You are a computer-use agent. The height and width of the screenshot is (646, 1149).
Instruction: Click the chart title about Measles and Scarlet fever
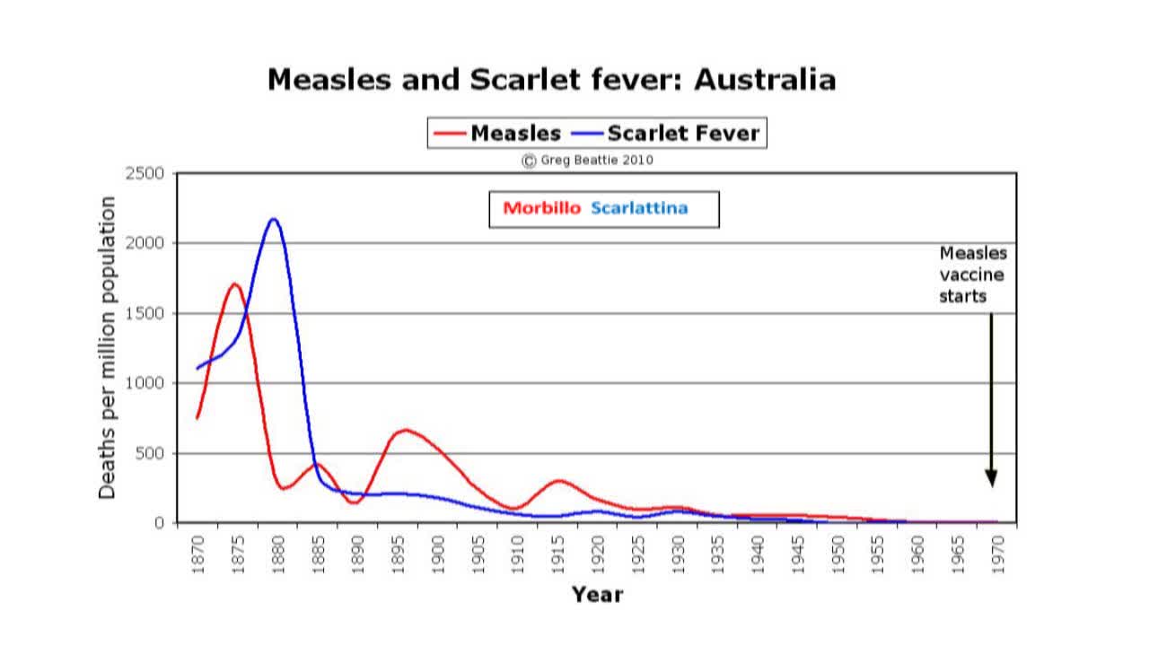coord(551,80)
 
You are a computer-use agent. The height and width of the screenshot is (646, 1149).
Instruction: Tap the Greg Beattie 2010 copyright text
coord(588,161)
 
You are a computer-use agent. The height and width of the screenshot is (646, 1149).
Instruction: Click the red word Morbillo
coord(542,208)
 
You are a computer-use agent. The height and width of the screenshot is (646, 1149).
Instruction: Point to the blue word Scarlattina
coord(639,208)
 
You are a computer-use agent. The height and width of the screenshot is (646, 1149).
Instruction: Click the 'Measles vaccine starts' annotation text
coord(973,275)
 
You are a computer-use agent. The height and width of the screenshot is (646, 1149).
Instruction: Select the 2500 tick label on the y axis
coord(146,173)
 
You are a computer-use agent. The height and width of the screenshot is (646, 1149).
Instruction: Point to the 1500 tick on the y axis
coord(146,313)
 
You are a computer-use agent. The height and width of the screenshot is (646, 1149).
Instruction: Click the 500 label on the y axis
coord(151,453)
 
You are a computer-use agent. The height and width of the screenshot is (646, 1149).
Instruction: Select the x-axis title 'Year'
coord(597,594)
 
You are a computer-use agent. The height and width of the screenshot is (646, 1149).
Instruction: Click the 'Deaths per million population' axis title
coord(107,347)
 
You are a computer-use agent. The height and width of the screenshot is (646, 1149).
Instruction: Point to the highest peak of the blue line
coord(273,219)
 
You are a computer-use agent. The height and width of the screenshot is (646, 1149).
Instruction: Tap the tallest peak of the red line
coord(234,284)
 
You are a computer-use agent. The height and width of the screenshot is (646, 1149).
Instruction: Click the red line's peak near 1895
coord(406,430)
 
